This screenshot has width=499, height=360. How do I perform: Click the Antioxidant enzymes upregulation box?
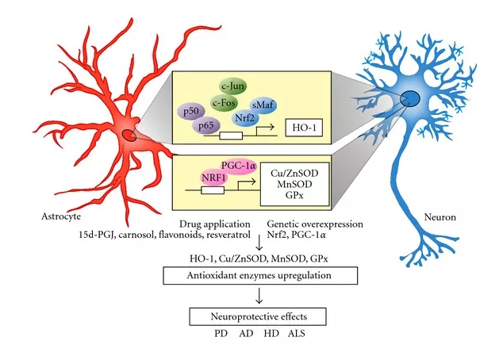pyautogui.click(x=259, y=275)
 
